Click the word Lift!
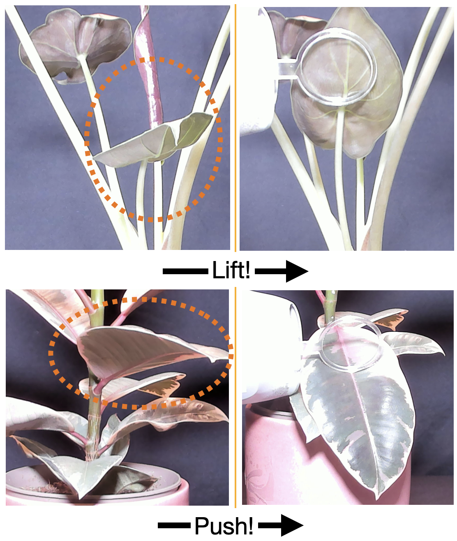(x=231, y=270)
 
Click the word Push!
(x=224, y=526)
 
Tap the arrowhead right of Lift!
(x=297, y=271)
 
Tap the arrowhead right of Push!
(x=292, y=525)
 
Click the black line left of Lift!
(x=185, y=271)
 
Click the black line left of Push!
(x=174, y=525)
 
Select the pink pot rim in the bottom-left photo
(x=96, y=487)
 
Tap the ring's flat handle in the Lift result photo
(x=288, y=69)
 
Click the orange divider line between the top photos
(x=235, y=128)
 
